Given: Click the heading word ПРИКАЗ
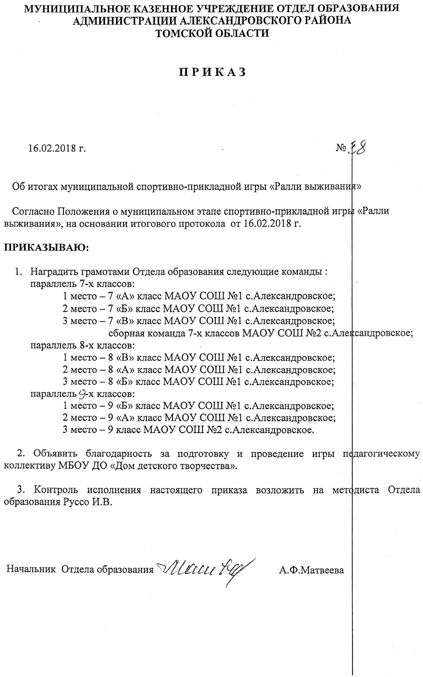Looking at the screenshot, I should click(213, 72).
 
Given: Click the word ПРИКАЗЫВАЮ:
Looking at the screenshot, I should click(46, 248).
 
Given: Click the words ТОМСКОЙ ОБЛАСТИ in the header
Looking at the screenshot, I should click(212, 33).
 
